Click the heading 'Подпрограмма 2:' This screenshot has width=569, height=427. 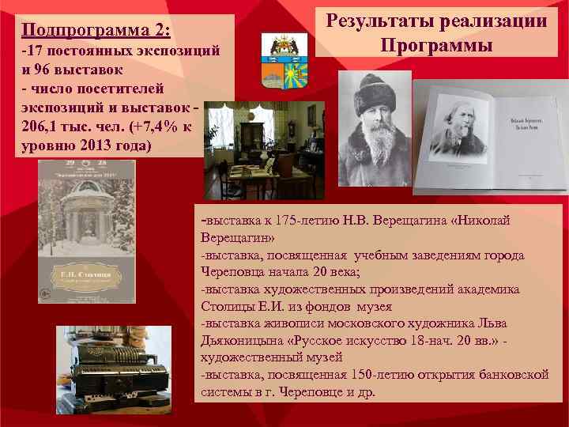(96, 31)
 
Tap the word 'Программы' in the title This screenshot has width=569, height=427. (435, 45)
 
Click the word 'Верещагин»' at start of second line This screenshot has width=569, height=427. (238, 237)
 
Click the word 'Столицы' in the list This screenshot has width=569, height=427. (228, 306)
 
